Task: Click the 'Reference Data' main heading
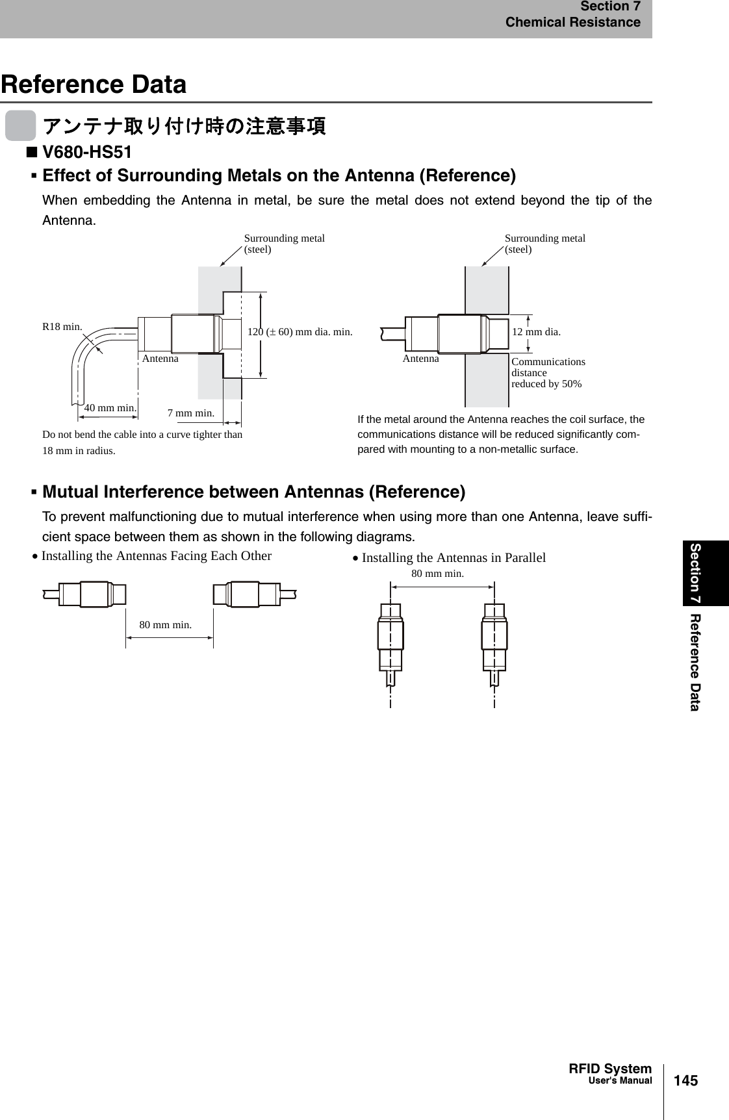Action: coord(94,84)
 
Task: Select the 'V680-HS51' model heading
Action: coord(86,153)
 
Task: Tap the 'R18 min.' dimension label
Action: coord(62,327)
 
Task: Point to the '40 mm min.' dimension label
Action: coord(110,408)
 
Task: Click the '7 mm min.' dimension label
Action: coord(191,413)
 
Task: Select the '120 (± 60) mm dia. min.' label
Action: coord(300,332)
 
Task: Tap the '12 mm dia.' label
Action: coord(536,332)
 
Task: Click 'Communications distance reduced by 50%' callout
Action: coord(548,373)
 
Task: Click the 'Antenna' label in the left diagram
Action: coord(160,359)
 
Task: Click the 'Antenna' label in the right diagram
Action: coord(421,359)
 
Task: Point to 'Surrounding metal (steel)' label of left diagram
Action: coord(284,244)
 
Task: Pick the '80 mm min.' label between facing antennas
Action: coord(166,625)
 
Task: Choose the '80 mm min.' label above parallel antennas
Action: coord(438,574)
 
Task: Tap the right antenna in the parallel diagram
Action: coord(494,637)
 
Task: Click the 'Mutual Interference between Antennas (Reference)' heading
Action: coord(253,492)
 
